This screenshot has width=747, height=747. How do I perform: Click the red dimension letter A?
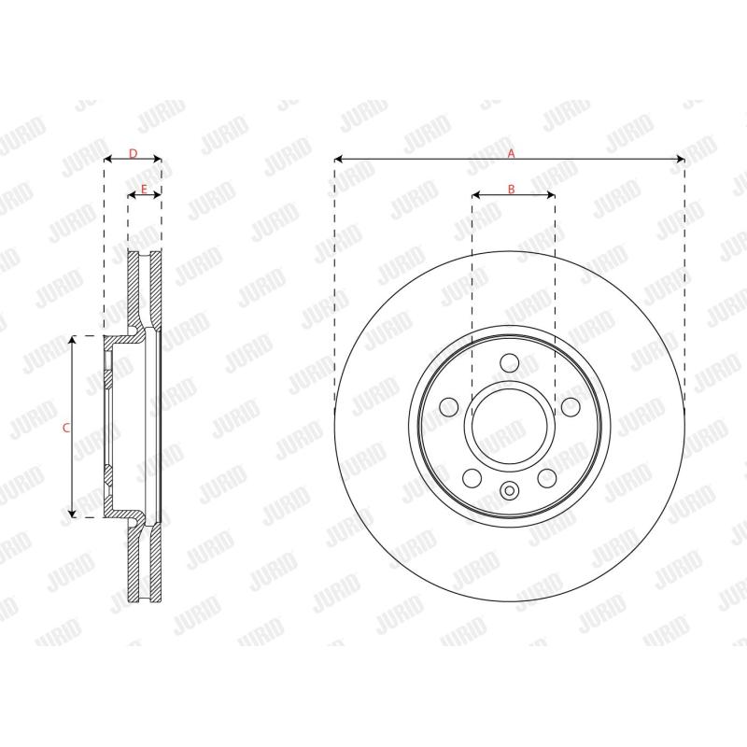tap(511, 153)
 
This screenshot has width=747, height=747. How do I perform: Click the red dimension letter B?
tap(511, 190)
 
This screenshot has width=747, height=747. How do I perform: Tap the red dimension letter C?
tap(66, 428)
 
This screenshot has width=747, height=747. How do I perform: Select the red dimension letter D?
tap(134, 153)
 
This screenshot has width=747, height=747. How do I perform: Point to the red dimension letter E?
tap(145, 190)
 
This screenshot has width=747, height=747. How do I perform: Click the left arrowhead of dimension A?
tap(339, 159)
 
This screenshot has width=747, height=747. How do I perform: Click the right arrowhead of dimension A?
tap(681, 159)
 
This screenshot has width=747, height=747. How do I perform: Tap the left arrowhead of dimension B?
tap(475, 195)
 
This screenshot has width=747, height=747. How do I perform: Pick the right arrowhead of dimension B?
tap(551, 195)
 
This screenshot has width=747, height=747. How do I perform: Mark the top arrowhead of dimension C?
tap(72, 339)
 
